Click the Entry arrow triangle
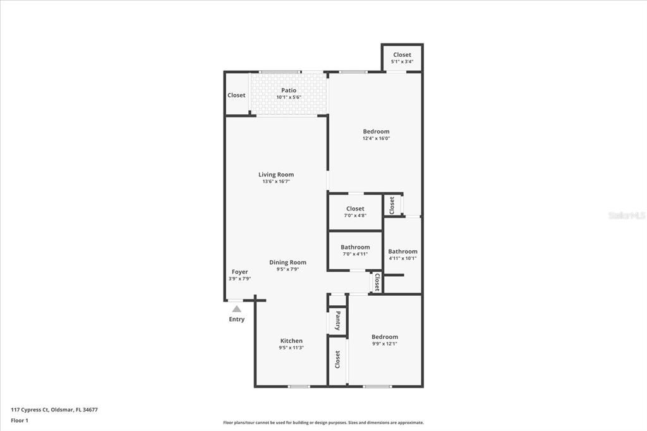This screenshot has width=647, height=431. (236, 309)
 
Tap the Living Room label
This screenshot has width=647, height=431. (276, 174)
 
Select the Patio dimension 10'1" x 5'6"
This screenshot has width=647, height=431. (289, 97)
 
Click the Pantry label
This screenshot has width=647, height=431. (338, 321)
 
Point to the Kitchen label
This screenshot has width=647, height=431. (291, 341)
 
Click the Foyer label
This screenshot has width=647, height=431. (239, 272)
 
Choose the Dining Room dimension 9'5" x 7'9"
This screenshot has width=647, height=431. (287, 269)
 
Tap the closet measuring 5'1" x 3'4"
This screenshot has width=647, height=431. (402, 58)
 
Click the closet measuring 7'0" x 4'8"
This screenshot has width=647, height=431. (355, 212)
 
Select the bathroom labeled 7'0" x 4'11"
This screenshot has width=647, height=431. (355, 251)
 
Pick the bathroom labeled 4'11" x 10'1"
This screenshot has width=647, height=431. (402, 255)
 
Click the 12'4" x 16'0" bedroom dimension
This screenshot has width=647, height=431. (377, 138)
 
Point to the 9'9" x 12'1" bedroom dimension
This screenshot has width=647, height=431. (385, 344)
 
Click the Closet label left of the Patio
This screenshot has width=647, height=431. (236, 95)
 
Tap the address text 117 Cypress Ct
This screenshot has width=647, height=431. (30, 410)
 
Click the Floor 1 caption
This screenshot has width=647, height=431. (20, 421)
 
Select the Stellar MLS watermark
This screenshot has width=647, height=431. (627, 215)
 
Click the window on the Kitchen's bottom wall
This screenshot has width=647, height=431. (298, 387)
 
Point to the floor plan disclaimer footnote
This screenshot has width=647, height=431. (323, 423)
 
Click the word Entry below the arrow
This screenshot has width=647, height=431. (237, 319)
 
